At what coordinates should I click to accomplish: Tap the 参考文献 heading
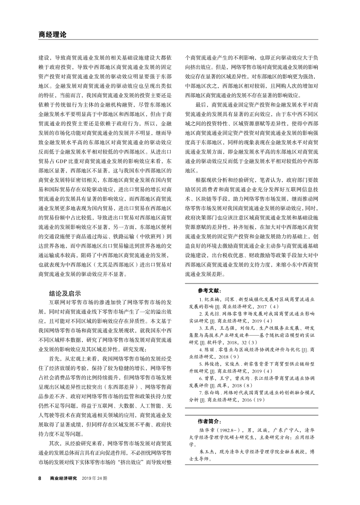click(x=209, y=290)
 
